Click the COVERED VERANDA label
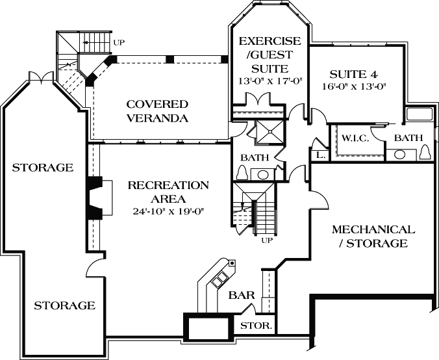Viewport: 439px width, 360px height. point(157,111)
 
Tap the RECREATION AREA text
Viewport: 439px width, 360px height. point(168,192)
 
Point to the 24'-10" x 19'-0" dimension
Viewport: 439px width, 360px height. point(168,211)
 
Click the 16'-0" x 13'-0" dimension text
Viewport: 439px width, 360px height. point(353,87)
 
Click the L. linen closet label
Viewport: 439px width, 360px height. point(320,155)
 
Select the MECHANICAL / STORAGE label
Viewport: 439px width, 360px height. point(373,237)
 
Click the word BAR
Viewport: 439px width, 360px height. point(241,295)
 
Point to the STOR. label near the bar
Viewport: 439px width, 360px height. point(257,325)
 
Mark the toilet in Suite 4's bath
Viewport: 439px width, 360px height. point(425,152)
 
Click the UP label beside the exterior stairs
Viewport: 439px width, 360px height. point(119,43)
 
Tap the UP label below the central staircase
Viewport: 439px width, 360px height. point(266,240)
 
